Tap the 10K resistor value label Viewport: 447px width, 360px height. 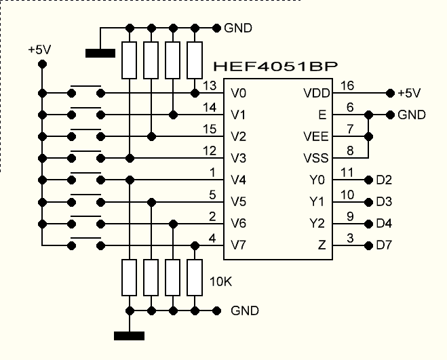click(x=221, y=280)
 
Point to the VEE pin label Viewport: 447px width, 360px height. click(x=316, y=136)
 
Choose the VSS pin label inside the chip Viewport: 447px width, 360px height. click(x=316, y=158)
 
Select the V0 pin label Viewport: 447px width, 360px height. click(x=239, y=93)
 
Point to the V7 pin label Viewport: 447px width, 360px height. click(x=239, y=245)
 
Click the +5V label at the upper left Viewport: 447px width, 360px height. click(x=39, y=49)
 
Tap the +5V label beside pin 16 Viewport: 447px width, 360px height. click(x=409, y=93)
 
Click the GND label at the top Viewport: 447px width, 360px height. click(x=238, y=28)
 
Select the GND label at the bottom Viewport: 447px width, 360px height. click(x=245, y=311)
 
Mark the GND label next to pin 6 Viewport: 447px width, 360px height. click(x=412, y=115)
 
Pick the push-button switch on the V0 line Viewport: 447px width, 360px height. click(x=87, y=91)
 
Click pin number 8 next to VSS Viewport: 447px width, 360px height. click(x=349, y=151)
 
